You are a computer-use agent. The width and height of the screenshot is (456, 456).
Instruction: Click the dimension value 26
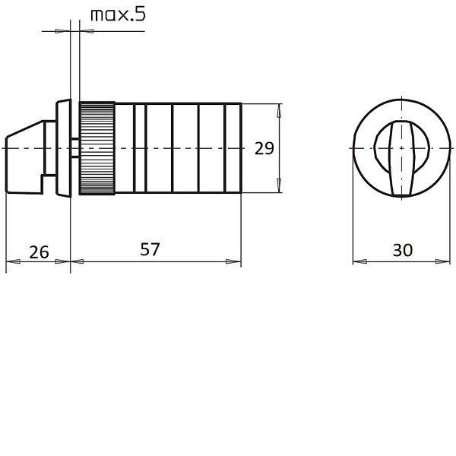coord(39,252)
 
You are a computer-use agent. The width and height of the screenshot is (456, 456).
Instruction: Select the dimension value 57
coord(150,249)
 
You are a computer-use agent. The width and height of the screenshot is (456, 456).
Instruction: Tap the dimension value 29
coord(264,148)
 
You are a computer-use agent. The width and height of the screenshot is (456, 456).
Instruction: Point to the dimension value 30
coord(403,250)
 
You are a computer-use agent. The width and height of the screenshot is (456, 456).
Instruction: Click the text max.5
coord(118,15)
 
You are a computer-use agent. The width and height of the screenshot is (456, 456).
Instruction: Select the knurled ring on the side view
coord(97,148)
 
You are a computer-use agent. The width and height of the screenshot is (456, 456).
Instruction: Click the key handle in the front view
coord(401,159)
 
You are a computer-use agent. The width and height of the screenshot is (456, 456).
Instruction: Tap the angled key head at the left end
coord(25,157)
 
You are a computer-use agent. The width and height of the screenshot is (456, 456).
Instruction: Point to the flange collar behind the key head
coord(63,148)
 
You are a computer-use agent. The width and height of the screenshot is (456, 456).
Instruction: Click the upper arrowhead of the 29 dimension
coord(279,111)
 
